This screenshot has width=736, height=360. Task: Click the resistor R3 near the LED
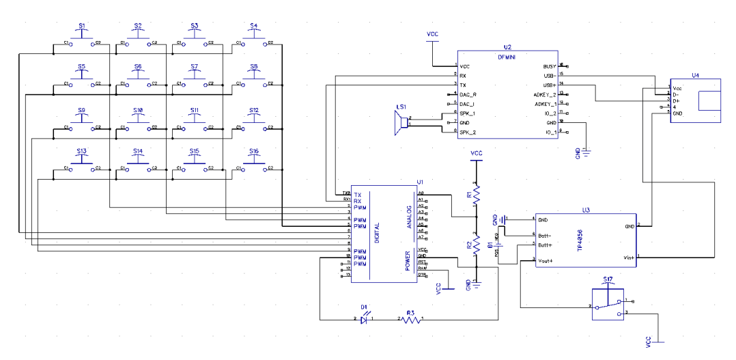pos(410,319)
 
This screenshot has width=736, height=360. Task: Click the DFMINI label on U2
pos(507,57)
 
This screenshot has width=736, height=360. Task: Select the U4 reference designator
pos(695,75)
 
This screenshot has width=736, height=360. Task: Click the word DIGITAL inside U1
pos(377,232)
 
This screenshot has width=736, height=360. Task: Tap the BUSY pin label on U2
pos(548,66)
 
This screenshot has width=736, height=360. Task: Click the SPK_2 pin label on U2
pos(467,132)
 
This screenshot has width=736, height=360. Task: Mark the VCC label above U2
pos(432,33)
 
